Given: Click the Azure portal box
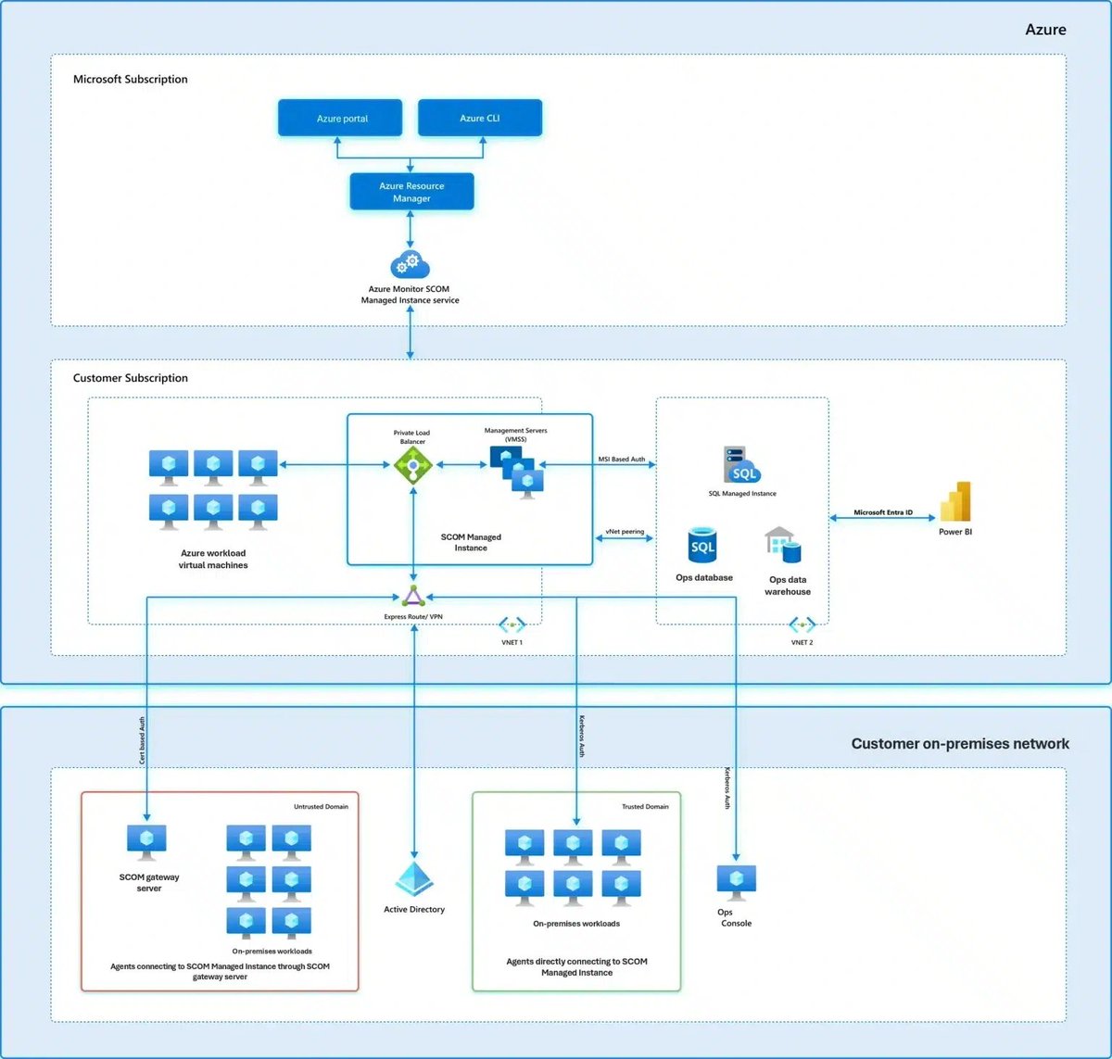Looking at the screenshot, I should coord(340,118).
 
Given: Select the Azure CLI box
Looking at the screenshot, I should coord(480,118).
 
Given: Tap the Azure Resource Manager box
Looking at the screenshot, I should coord(411,191).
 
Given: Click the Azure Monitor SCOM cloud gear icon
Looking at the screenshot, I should coord(410,265).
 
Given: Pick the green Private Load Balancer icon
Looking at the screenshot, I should coord(413,464).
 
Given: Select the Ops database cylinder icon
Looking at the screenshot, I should coord(703,547).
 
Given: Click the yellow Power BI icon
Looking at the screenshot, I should coord(955,501).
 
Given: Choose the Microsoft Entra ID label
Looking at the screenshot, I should coord(882,512).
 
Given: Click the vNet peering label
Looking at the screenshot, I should coord(625,532).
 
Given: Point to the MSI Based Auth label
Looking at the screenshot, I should coord(622,459).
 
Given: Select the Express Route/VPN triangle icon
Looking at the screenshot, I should coord(413,596).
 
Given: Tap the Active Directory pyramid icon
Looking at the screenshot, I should coord(414,879).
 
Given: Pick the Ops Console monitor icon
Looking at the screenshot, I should coord(737,883).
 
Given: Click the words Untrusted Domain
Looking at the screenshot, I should coord(321,806).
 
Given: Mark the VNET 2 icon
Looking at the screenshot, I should coord(802,624).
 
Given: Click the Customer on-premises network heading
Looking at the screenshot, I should coord(960,743).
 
